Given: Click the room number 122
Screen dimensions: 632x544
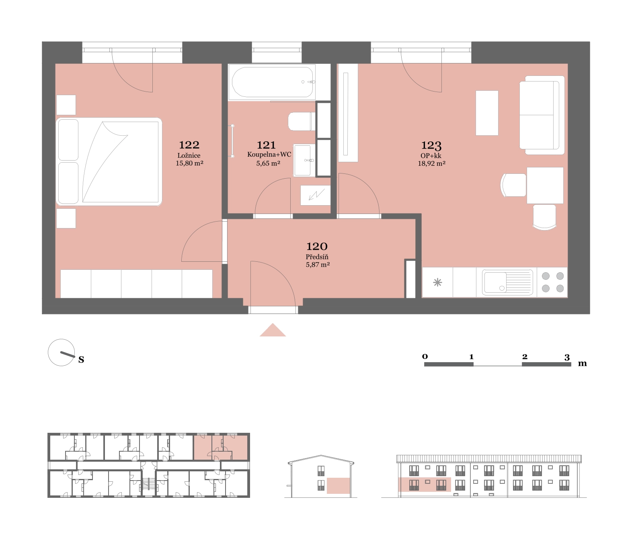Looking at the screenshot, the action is (189, 145).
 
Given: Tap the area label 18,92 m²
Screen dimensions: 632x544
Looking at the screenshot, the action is (431, 163).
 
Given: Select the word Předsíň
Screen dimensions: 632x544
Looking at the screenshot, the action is (317, 257).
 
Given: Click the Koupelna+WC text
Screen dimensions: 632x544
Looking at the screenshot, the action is (269, 155).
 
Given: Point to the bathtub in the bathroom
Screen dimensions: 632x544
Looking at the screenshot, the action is (272, 82).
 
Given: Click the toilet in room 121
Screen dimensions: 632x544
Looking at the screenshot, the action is (302, 122).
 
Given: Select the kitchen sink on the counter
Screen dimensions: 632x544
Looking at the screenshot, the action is (507, 282).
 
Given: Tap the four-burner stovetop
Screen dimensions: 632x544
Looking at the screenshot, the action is (552, 282).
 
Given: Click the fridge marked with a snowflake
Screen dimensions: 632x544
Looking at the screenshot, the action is (437, 282).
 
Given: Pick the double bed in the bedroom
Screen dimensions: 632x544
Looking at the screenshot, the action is (109, 161).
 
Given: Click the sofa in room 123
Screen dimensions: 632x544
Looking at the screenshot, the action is (542, 115).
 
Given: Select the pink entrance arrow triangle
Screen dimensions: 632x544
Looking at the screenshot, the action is (273, 330).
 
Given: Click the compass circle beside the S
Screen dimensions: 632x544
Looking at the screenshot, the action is (62, 352).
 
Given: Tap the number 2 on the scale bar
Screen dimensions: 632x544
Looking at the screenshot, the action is (525, 356).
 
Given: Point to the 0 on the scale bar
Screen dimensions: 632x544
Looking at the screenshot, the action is (425, 356).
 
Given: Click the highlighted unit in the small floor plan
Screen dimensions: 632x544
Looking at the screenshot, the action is (220, 448).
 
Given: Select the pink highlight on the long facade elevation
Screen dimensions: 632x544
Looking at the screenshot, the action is (425, 485).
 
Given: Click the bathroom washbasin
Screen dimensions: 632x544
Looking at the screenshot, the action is (303, 160).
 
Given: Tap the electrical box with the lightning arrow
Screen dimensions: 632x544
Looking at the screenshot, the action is (316, 196).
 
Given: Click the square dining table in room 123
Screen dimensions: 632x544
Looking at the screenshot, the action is (545, 185).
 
